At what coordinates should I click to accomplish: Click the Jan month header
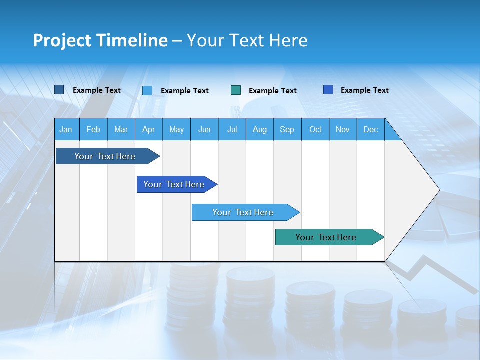[x=66, y=130]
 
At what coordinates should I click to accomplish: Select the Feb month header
[x=93, y=130]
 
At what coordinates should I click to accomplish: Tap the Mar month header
[x=121, y=130]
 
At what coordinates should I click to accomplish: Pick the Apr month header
[x=148, y=130]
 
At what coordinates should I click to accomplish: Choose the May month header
[x=176, y=130]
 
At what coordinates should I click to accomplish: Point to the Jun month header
[x=204, y=130]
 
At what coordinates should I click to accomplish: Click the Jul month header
[x=232, y=130]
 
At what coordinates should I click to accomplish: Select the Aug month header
[x=259, y=130]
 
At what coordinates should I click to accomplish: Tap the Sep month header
[x=287, y=130]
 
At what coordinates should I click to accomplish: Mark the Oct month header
[x=315, y=130]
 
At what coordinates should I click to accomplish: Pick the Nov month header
[x=343, y=130]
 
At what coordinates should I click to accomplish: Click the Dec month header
[x=370, y=130]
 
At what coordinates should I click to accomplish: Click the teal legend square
[x=236, y=90]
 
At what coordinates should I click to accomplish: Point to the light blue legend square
[x=147, y=90]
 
